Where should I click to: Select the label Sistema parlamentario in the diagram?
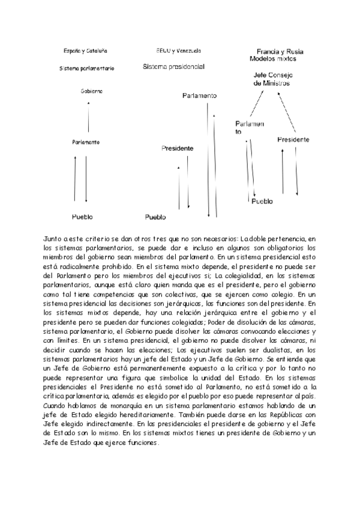[x=86, y=68]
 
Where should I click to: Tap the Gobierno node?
[x=91, y=91]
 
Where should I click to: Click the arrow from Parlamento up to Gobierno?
[x=89, y=117]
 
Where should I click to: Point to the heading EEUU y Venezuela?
[x=178, y=51]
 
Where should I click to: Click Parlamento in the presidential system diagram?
[x=199, y=96]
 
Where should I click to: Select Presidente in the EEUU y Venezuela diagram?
[x=178, y=148]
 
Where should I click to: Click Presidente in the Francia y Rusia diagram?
[x=293, y=139]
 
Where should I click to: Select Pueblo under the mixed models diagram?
[x=262, y=202]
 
